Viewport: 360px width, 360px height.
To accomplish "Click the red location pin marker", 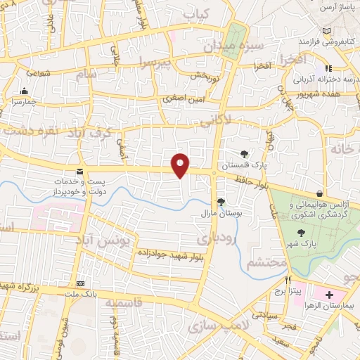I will pos(181,165).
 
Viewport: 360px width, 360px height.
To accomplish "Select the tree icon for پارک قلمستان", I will pos(244,153).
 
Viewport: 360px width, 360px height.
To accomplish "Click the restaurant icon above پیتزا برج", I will pos(288,280).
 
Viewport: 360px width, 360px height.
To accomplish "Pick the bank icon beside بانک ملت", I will pos(79,276).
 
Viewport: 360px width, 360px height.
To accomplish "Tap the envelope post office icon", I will pos(79,172).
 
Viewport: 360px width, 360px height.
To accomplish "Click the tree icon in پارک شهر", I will pos(302,233).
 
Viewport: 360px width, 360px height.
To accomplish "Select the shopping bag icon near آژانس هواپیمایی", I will pos(320,193).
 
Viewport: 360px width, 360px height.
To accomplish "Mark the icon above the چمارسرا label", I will pos(25,91).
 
